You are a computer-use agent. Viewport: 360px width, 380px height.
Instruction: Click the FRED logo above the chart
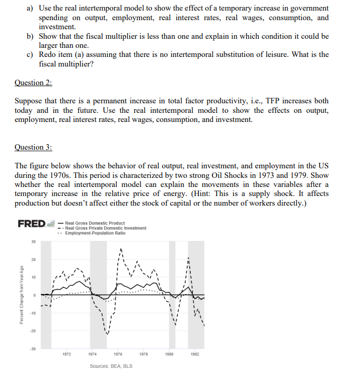pos(32,223)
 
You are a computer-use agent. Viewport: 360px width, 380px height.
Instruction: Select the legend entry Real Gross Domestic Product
pos(95,223)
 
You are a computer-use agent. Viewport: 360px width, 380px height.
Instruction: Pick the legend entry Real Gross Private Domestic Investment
pos(106,228)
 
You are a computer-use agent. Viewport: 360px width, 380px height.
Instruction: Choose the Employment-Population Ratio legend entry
pos(96,233)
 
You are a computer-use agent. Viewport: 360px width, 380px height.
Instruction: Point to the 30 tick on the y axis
pos(34,242)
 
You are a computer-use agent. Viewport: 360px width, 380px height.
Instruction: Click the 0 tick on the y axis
pos(35,295)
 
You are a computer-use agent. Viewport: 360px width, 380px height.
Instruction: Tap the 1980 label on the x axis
pos(170,354)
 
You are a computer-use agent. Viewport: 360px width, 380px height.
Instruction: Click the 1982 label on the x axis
pos(195,354)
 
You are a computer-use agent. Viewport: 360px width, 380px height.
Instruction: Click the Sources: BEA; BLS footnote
pos(111,366)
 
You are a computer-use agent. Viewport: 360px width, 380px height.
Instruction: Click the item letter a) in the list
pos(30,9)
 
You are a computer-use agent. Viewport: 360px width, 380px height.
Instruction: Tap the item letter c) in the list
pos(30,54)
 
